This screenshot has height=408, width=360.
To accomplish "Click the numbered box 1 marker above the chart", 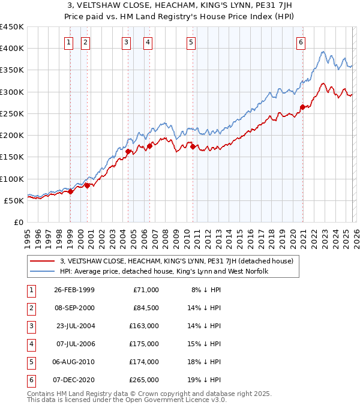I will click(x=70, y=42).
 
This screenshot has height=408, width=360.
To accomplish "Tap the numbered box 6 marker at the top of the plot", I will click(x=300, y=42).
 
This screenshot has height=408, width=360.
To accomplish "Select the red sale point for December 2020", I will click(x=302, y=107).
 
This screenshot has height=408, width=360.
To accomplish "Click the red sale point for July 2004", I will click(x=128, y=151).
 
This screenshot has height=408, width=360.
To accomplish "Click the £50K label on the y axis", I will click(x=14, y=200).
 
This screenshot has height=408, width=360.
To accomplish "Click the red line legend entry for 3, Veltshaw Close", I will click(x=176, y=261).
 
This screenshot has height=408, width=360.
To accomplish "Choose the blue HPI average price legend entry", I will click(x=164, y=272).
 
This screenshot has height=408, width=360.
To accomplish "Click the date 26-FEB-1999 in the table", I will click(x=74, y=290).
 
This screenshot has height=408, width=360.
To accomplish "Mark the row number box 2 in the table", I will click(x=30, y=308).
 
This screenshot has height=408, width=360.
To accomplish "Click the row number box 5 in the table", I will click(x=30, y=362).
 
